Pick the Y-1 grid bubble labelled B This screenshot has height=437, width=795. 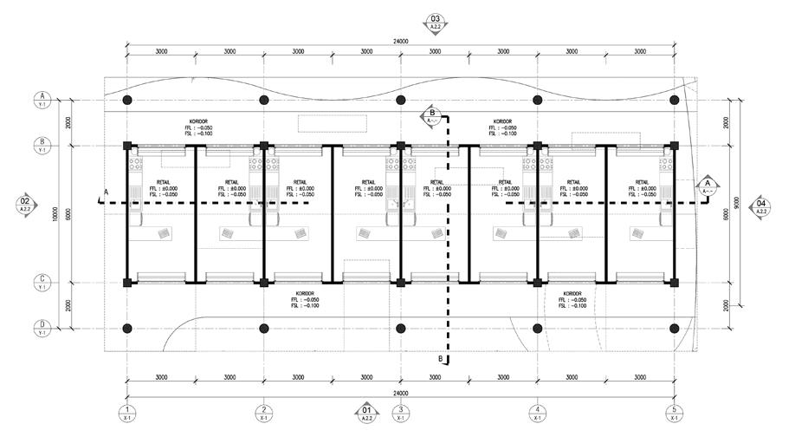42,143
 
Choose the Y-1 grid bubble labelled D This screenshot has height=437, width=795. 42,329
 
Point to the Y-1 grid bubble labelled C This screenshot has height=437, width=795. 42,282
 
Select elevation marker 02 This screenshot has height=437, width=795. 23,205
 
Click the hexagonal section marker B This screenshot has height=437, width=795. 432,114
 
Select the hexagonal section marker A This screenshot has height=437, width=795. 707,185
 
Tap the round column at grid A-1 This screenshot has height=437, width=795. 127,100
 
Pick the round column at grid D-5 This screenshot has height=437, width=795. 674,329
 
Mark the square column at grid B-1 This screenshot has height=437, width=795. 127,145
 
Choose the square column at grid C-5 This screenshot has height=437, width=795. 674,282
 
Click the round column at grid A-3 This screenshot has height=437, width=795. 401,100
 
